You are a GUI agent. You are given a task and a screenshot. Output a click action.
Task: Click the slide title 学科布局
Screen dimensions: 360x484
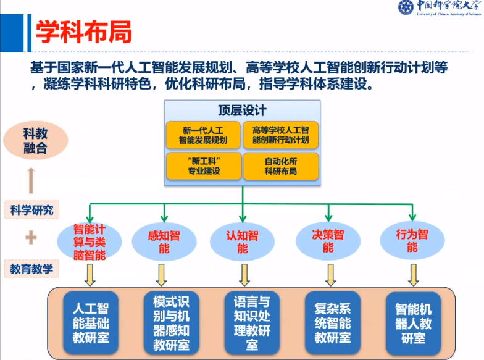click(x=83, y=31)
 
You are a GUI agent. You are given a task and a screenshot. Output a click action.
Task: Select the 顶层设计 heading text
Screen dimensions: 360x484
click(x=242, y=111)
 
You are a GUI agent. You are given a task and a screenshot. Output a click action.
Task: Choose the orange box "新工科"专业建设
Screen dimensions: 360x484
click(x=202, y=165)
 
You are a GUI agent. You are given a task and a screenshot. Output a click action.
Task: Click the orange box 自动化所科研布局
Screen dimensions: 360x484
click(x=281, y=165)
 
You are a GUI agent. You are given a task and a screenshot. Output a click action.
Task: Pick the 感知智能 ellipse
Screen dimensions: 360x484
click(x=164, y=241)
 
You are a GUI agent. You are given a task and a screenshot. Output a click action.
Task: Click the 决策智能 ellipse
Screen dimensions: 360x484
click(x=328, y=241)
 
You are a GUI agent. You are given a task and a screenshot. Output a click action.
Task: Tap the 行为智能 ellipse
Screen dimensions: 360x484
click(x=412, y=241)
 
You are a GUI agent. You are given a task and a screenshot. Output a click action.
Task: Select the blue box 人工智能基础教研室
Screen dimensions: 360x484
click(x=90, y=322)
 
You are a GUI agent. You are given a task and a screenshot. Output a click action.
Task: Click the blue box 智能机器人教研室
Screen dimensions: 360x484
click(x=413, y=322)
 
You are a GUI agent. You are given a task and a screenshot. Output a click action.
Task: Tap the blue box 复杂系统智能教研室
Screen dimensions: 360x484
click(x=332, y=322)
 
